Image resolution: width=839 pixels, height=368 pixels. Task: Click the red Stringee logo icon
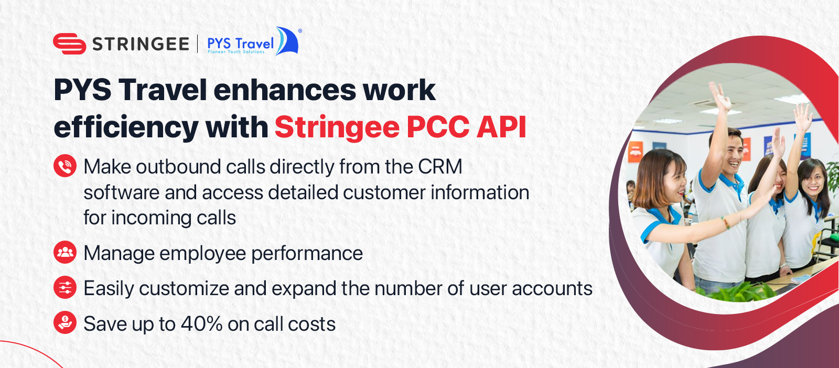pyautogui.click(x=70, y=44)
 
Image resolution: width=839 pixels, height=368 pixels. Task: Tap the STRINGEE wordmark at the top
pyautogui.click(x=141, y=44)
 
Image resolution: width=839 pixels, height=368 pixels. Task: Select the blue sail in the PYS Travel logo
pyautogui.click(x=287, y=41)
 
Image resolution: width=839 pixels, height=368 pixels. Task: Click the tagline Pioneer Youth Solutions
pyautogui.click(x=236, y=52)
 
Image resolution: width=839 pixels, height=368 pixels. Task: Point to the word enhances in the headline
pyautogui.click(x=285, y=90)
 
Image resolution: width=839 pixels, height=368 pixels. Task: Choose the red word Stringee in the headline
pyautogui.click(x=337, y=128)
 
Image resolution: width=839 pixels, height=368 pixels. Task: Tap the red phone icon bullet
pyautogui.click(x=65, y=166)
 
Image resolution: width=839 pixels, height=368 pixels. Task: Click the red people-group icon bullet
pyautogui.click(x=65, y=252)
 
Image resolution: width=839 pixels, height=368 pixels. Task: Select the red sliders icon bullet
pyautogui.click(x=65, y=287)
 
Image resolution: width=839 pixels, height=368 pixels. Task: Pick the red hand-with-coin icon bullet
pyautogui.click(x=65, y=322)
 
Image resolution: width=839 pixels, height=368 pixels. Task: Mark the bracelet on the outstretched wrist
pyautogui.click(x=726, y=222)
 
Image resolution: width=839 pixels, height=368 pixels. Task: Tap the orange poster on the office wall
pyautogui.click(x=635, y=151)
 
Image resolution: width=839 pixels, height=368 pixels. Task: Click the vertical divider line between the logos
pyautogui.click(x=198, y=44)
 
